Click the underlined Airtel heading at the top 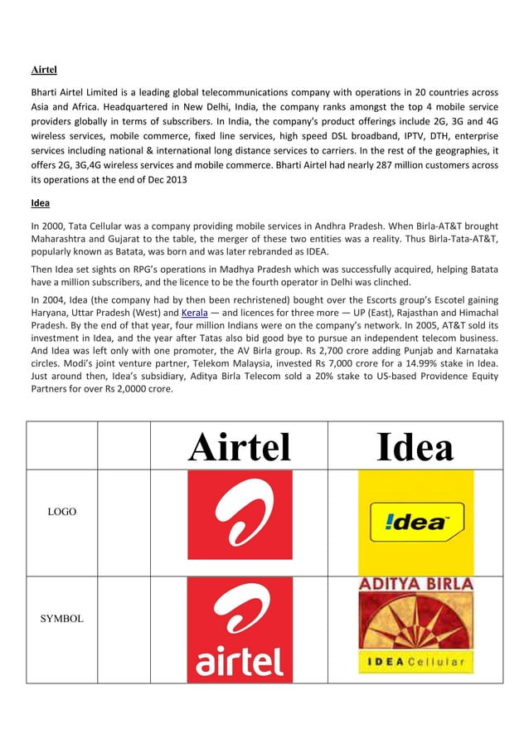click(43, 69)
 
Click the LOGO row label click(61, 512)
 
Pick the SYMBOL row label click(61, 619)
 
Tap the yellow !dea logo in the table click(415, 522)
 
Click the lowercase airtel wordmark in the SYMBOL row click(239, 661)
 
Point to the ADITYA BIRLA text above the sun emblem click(415, 584)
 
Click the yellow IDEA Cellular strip click(415, 662)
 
